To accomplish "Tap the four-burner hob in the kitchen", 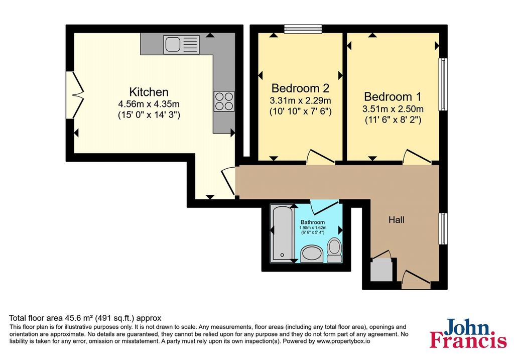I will [x=223, y=100].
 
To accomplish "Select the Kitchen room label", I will [x=149, y=92].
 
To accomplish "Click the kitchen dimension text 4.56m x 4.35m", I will [x=149, y=104].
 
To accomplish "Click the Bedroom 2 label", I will [x=300, y=88].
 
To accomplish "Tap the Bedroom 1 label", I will [x=393, y=96].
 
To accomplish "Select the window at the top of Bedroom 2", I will [x=303, y=30].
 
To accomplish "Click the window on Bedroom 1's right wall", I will [x=443, y=84].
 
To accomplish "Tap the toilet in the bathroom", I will [x=334, y=250].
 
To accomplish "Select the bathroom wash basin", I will [x=313, y=254].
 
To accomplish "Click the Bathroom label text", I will [x=313, y=222].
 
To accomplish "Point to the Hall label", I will [x=396, y=220].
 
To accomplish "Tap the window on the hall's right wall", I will [x=443, y=228].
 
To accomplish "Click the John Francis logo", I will [x=468, y=333].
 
